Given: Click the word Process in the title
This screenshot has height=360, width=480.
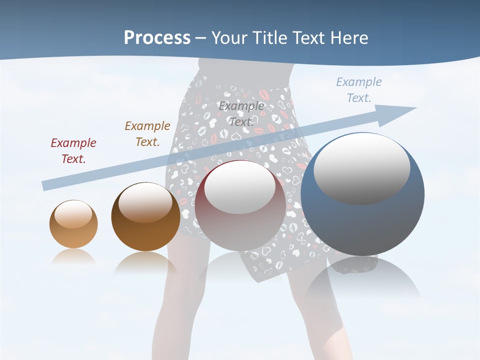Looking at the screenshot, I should pyautogui.click(x=157, y=37).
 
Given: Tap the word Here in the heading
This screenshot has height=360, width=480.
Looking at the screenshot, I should pyautogui.click(x=349, y=37).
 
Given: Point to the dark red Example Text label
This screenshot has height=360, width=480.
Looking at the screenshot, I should pyautogui.click(x=73, y=151).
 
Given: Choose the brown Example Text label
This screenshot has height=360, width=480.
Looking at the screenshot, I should pyautogui.click(x=147, y=134).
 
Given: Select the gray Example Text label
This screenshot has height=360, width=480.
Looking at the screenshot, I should pyautogui.click(x=241, y=114).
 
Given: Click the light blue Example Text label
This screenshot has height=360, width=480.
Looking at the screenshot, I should pyautogui.click(x=359, y=90).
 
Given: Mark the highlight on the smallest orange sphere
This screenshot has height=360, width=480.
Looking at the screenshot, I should pyautogui.click(x=73, y=214).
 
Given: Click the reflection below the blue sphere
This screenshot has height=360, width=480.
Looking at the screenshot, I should pyautogui.click(x=362, y=280).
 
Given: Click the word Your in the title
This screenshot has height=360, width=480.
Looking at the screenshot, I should pyautogui.click(x=228, y=37).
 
